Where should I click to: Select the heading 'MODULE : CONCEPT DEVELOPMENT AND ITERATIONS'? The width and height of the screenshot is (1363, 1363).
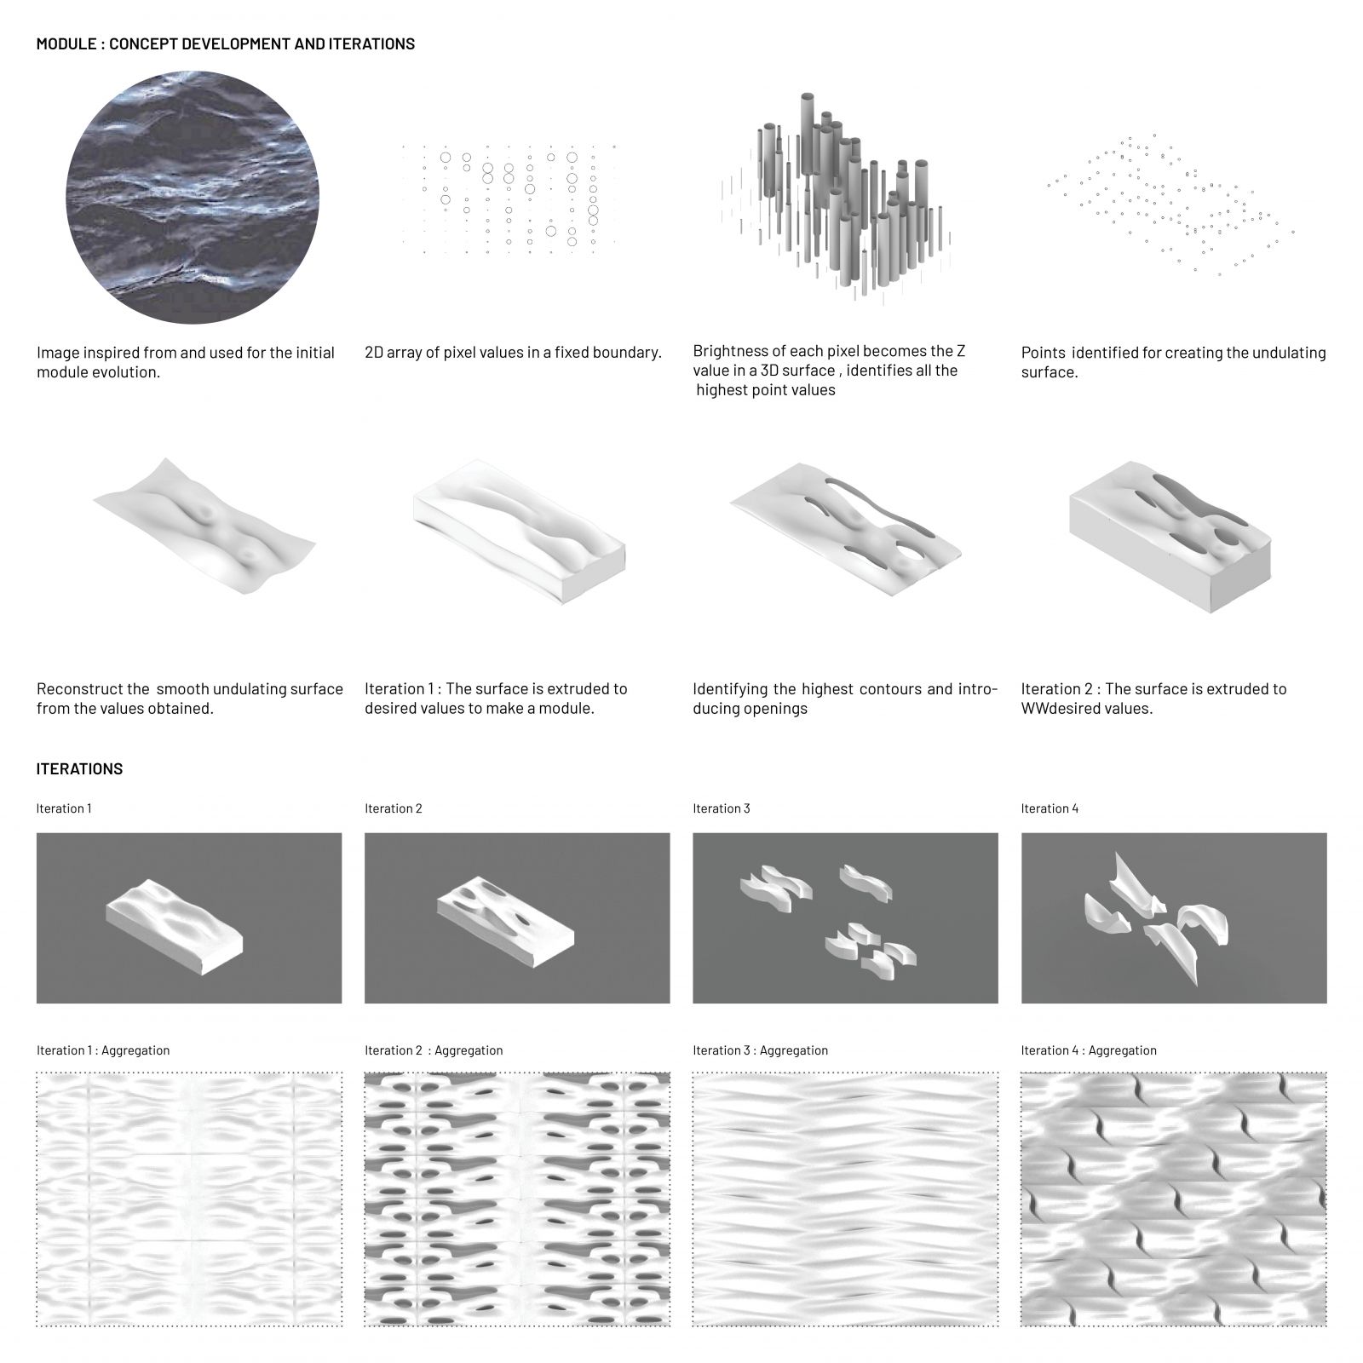(x=226, y=43)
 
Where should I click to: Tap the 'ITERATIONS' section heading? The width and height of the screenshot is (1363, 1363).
(x=79, y=768)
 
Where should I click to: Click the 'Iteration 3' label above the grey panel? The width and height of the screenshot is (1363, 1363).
(x=722, y=808)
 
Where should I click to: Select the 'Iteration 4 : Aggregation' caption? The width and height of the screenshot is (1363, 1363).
(x=1089, y=1050)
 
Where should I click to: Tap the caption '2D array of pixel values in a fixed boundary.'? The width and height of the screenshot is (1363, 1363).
(x=513, y=353)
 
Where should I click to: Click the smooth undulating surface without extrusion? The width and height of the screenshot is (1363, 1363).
(x=204, y=528)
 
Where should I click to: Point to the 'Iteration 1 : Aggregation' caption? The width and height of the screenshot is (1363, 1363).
(x=103, y=1050)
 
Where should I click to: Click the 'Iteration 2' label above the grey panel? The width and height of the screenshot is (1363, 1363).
(x=394, y=808)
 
